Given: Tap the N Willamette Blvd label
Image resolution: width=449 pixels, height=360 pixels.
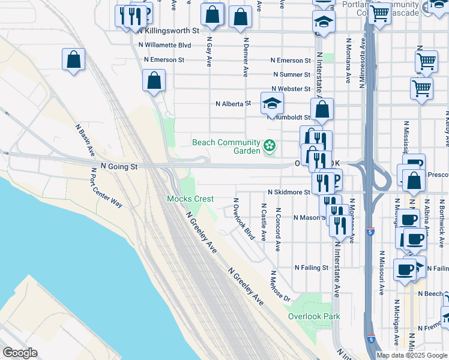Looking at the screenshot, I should [164, 45].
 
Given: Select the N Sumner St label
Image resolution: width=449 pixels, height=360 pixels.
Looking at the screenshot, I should [292, 75].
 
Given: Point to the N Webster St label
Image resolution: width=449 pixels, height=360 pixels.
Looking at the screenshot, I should [291, 89].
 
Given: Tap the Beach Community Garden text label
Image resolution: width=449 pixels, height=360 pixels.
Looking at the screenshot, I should [226, 146].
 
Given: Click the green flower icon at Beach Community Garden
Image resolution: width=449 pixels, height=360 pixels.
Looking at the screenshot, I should [270, 144].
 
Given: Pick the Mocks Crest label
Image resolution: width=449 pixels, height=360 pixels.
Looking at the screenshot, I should [190, 199].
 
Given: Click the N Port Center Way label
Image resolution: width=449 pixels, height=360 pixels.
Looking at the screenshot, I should [106, 188].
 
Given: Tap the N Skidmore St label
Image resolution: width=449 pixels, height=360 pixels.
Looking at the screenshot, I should [289, 193].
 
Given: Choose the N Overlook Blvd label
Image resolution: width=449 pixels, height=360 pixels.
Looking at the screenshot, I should [244, 219].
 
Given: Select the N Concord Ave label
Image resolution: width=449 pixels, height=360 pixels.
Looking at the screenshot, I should [277, 229].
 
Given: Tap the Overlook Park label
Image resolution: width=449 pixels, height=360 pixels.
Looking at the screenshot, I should [313, 316].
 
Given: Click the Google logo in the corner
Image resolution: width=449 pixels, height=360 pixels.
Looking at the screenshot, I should [20, 353].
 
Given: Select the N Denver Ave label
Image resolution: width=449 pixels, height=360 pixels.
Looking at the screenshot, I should [246, 58].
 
